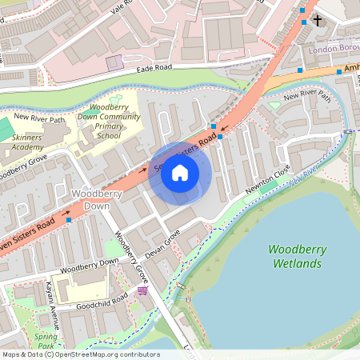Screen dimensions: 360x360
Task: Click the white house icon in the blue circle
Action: (180, 173)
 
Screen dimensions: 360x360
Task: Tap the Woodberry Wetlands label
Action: (298, 255)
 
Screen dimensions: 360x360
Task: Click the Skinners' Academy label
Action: (28, 142)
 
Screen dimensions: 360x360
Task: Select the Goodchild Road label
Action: (102, 302)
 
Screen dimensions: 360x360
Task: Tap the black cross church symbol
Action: (317, 19)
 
